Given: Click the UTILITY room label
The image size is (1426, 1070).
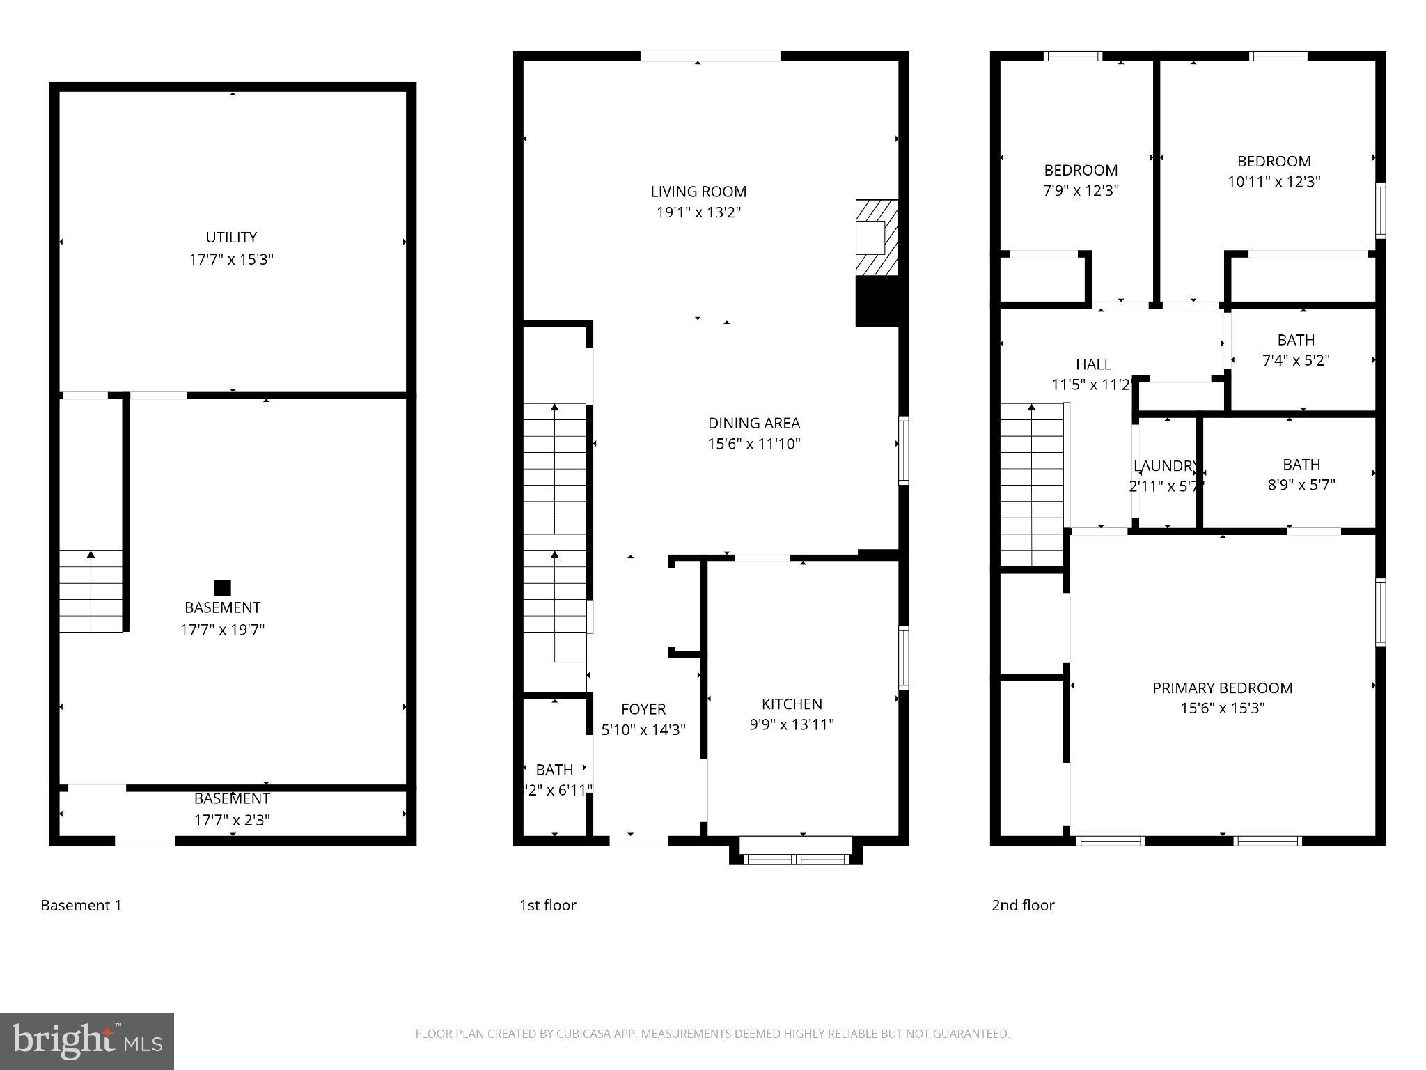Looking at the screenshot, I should coord(231,238).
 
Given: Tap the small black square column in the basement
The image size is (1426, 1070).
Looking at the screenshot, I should coord(222,587).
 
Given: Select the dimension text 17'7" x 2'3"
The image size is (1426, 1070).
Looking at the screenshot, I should coord(232,820).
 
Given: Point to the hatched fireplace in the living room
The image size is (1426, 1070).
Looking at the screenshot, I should coord(877,238).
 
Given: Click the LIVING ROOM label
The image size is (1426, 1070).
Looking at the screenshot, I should coord(698,192).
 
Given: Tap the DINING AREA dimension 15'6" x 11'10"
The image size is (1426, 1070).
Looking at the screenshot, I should coord(754,444).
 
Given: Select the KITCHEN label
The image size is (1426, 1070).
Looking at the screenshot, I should coord(792,704).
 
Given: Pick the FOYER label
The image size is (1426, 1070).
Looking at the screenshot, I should coord(643,709).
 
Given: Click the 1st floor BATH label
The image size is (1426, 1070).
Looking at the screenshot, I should coord(554,770).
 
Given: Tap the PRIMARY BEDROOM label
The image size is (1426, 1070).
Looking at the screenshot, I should coord(1222,688).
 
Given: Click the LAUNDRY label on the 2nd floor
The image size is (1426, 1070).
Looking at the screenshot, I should coord(1165,466).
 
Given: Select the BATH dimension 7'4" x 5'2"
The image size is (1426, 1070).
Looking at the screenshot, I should coord(1296,360).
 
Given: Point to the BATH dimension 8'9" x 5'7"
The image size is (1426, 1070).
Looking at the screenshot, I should coord(1301,485).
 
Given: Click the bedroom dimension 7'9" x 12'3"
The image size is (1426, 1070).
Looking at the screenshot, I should coord(1081,191).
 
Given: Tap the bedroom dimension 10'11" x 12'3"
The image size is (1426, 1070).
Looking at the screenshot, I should coord(1274,182).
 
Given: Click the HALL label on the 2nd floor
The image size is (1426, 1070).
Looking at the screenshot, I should coord(1093,364).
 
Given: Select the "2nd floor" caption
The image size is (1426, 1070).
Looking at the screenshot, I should coord(1022,905).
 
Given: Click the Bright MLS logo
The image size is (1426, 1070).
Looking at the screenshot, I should coord(87,1041).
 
